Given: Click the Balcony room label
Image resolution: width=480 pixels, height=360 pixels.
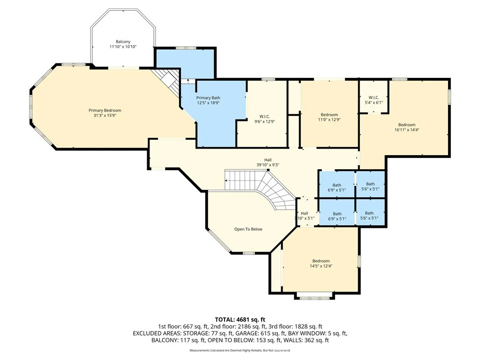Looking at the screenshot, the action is [123, 42].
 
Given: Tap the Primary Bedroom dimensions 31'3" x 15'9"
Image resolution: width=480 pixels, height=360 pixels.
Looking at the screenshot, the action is [105, 115].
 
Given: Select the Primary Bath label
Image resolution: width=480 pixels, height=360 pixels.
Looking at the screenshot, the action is [208, 98].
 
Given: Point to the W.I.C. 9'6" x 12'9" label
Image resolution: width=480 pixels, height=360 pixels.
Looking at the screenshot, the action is [264, 119].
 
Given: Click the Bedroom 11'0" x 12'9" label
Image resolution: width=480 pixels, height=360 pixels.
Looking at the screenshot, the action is [329, 117].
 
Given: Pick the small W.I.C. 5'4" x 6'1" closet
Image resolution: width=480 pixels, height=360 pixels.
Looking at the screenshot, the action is [374, 97].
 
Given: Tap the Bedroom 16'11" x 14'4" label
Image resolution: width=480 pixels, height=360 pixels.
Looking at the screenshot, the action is [407, 127].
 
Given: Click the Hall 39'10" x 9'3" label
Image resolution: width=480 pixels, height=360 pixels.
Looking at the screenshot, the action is [268, 162].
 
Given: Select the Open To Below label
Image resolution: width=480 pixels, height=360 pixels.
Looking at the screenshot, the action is [248, 229].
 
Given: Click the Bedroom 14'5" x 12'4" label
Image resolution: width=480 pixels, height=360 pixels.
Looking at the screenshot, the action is [321, 263].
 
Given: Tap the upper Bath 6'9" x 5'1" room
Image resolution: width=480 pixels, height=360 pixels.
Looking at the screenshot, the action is [337, 184].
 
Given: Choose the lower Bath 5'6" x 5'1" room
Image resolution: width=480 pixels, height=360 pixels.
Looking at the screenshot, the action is [370, 212].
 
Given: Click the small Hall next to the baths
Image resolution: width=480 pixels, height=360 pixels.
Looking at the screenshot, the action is [305, 212].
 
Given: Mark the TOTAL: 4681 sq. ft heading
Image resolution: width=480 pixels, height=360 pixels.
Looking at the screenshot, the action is [240, 320].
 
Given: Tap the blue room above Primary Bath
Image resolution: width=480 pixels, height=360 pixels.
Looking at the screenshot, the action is [185, 64].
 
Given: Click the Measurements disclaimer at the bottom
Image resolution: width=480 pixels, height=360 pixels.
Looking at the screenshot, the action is [240, 350].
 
